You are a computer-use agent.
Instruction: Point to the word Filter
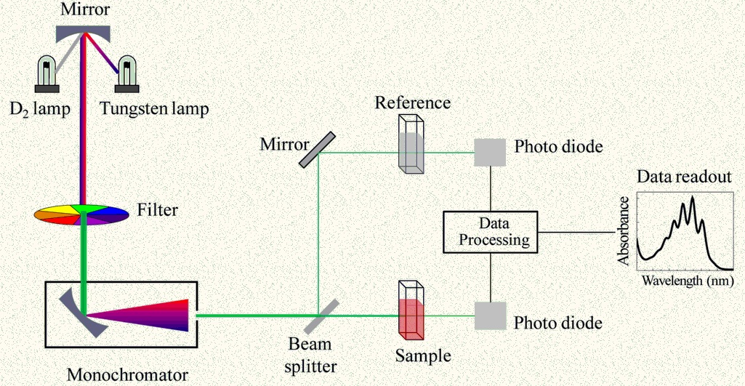pos(157,212)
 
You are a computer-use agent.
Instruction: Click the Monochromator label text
pos(127,375)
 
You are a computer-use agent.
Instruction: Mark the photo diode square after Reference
pos(489,152)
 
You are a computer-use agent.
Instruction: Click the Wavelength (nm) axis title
pos(682,280)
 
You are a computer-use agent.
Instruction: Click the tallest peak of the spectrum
pos(692,198)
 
